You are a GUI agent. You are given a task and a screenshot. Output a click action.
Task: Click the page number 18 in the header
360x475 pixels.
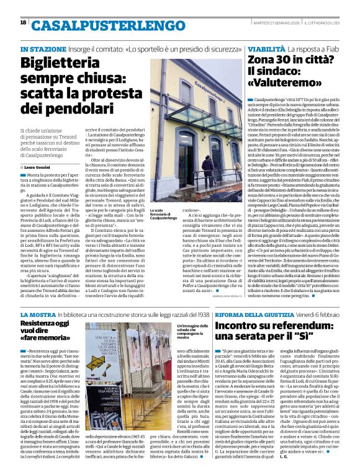click(x=24, y=22)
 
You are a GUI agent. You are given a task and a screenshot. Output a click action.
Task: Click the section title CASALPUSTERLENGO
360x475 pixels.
click(x=94, y=25)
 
